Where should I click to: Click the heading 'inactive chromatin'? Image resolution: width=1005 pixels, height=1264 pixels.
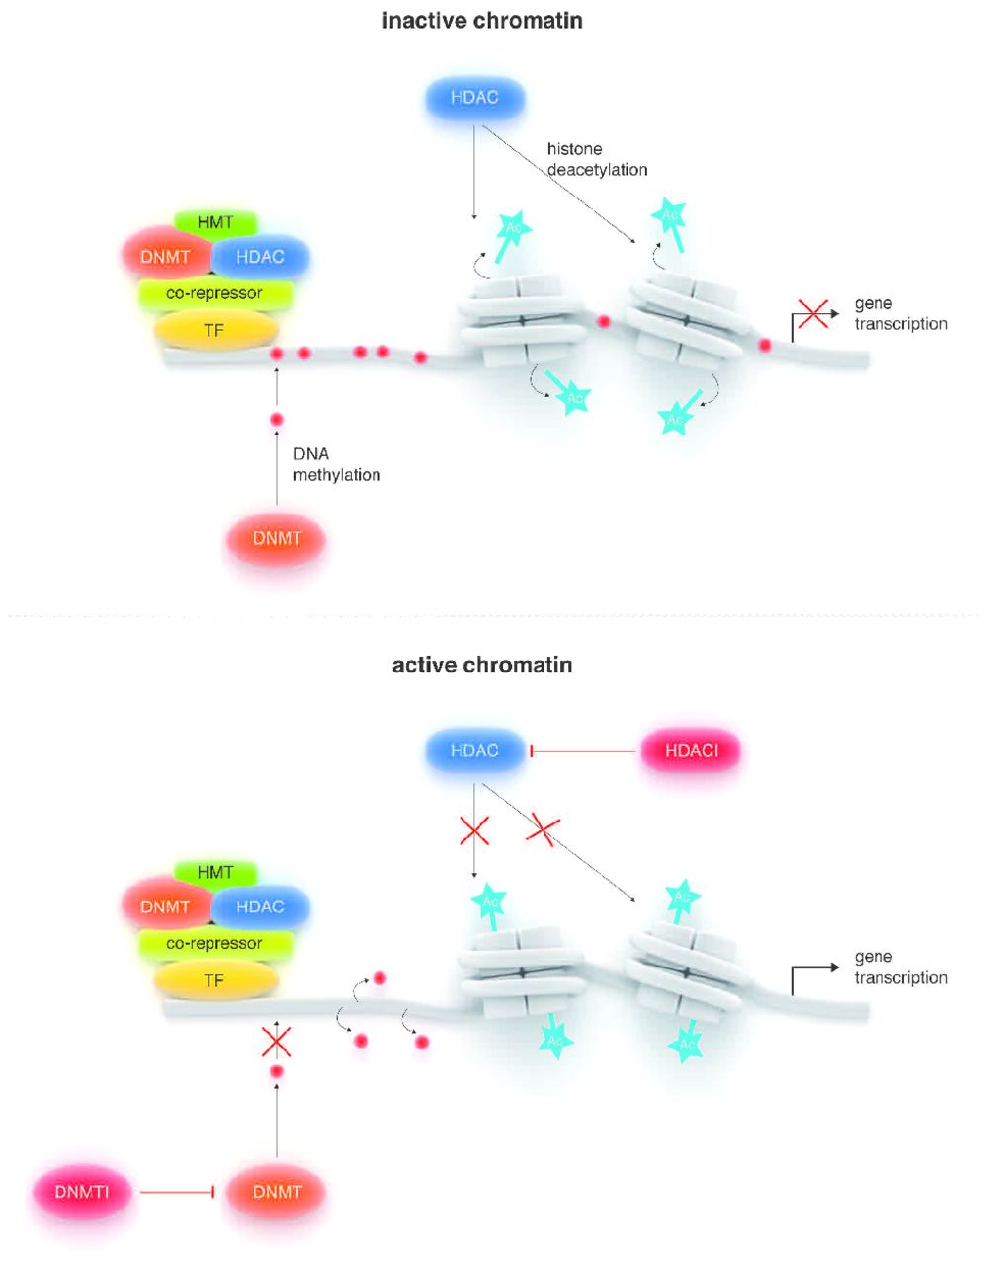(482, 20)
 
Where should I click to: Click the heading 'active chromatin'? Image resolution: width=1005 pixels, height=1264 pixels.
(482, 665)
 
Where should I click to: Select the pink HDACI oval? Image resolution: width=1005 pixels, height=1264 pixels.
(691, 750)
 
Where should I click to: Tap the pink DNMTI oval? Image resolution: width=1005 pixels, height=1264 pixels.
(82, 1192)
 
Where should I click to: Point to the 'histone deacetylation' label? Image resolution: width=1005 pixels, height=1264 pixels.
(597, 159)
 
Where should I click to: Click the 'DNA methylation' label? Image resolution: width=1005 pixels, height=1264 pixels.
(336, 464)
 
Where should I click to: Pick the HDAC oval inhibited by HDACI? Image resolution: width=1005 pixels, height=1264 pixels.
(474, 750)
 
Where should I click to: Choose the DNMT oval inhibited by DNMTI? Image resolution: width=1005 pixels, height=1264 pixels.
(277, 1192)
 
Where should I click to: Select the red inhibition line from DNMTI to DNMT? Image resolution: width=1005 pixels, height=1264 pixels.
(178, 1193)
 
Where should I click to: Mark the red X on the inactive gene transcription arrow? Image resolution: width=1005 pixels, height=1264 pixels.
(813, 314)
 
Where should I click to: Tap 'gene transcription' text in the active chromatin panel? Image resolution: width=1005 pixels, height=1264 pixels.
(900, 967)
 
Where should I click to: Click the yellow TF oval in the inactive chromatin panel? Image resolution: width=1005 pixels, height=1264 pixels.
(214, 331)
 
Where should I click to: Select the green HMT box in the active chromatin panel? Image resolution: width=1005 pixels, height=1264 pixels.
(214, 872)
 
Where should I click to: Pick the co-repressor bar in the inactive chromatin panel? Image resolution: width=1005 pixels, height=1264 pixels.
(214, 293)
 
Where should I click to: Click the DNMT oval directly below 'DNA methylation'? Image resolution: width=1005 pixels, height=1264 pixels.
(277, 539)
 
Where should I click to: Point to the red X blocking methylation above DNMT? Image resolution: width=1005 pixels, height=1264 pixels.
(276, 1041)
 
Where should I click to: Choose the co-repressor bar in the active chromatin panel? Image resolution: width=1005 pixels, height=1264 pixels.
(214, 943)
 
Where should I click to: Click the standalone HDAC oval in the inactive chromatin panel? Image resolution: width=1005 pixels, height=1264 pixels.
(474, 98)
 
